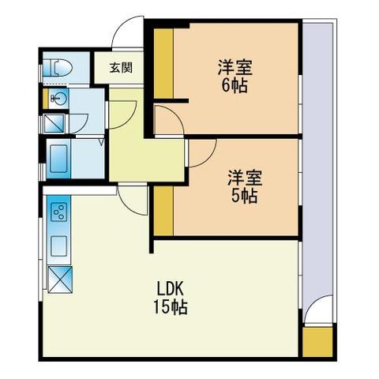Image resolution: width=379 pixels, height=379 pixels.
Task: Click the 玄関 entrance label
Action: point(121,68)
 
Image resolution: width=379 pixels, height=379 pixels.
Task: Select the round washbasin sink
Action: point(59,99)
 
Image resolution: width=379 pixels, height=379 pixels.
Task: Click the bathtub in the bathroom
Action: point(58,159)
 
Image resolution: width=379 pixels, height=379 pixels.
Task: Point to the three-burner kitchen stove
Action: point(59,212)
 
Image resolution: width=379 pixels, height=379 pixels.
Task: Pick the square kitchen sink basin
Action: point(59,246)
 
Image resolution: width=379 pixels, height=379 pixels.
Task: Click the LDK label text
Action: point(170,289)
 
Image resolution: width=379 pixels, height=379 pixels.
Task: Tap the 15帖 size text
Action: point(171,307)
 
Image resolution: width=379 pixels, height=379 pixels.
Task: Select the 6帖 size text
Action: point(235,85)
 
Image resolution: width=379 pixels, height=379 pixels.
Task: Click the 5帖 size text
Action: point(244,196)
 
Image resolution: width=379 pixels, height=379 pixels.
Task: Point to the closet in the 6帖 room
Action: point(163,63)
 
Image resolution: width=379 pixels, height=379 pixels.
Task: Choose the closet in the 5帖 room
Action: point(163,211)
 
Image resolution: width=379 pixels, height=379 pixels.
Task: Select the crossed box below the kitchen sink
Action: point(60,280)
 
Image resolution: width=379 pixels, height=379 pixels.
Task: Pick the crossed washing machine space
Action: point(54,123)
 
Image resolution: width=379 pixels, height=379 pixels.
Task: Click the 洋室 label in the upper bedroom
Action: point(235,68)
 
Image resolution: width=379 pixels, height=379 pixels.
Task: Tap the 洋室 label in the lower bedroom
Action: point(245,178)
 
